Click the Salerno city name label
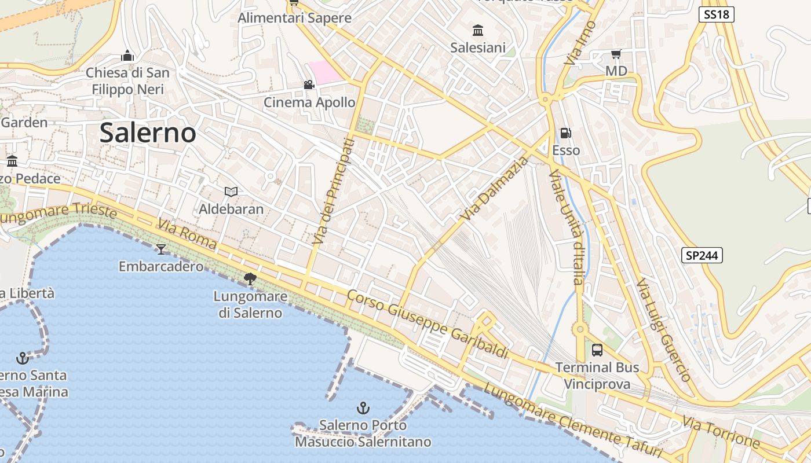[x=148, y=133]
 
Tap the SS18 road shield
[x=716, y=14]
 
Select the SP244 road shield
[x=702, y=255]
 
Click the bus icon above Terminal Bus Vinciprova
[x=597, y=350]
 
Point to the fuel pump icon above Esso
[x=565, y=133]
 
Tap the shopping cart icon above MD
[x=616, y=54]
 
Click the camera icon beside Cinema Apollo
[x=309, y=85]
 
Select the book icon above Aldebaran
[x=231, y=192]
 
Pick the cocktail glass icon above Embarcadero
[x=161, y=249]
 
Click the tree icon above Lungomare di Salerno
[x=250, y=279]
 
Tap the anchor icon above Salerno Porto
[x=363, y=408]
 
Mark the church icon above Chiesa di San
[x=127, y=56]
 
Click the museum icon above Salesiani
[x=478, y=30]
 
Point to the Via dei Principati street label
[x=333, y=191]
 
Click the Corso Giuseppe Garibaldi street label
[x=427, y=325]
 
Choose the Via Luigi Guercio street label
[x=664, y=330]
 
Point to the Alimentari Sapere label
[x=294, y=18]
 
